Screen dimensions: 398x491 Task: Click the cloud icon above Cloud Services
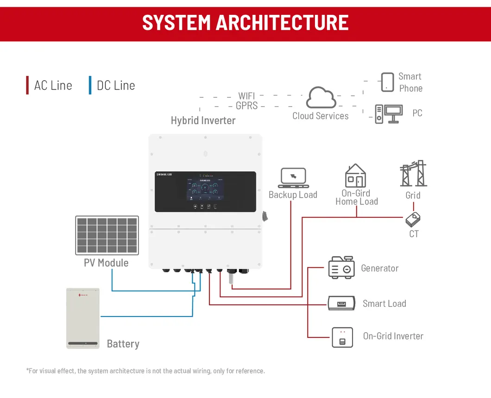click(321, 97)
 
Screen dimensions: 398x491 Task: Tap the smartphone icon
click(387, 82)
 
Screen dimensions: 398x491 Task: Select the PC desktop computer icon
click(388, 114)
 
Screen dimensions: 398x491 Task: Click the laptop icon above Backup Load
click(293, 178)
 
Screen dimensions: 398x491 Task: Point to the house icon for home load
click(355, 176)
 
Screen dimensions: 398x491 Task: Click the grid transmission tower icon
click(413, 174)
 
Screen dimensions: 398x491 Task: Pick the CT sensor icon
click(413, 220)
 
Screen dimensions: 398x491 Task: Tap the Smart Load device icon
click(341, 303)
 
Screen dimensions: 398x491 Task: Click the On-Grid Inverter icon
click(342, 337)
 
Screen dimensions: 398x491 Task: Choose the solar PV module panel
click(107, 235)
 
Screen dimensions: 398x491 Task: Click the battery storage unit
click(83, 318)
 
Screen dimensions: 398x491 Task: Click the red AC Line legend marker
click(27, 85)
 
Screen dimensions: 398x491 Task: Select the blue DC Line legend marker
click(90, 85)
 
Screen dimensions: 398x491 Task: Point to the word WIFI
click(246, 96)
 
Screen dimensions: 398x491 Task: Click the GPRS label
click(246, 106)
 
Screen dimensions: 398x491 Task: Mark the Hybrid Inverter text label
click(203, 120)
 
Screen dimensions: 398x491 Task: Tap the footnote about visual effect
click(145, 371)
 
